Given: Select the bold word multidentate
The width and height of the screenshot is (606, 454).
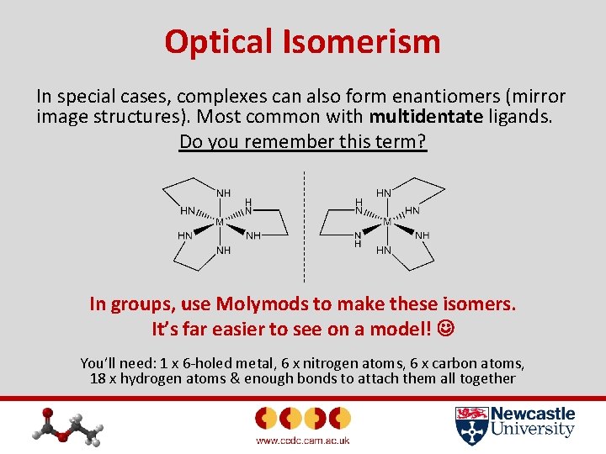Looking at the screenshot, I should click(x=426, y=116).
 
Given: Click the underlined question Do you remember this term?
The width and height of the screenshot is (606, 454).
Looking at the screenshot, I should click(x=303, y=141).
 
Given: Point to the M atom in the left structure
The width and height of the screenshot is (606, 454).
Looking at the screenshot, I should click(x=219, y=222).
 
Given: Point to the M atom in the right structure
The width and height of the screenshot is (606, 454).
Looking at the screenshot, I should click(x=387, y=222).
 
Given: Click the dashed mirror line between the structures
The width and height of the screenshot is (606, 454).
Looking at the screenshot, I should click(x=304, y=227).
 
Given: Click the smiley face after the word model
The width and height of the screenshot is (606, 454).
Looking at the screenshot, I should click(x=444, y=328).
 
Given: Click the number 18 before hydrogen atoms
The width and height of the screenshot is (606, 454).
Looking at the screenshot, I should click(x=97, y=378).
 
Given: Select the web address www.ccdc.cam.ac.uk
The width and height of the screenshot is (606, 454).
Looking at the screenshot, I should click(x=302, y=441).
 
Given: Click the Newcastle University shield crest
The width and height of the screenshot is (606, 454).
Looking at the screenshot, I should click(x=470, y=425).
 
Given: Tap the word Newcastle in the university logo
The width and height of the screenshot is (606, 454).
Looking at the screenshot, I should click(x=533, y=414).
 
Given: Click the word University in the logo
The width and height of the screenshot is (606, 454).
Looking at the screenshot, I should click(x=533, y=430).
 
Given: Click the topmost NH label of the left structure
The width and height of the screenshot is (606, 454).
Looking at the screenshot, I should click(x=224, y=193).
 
